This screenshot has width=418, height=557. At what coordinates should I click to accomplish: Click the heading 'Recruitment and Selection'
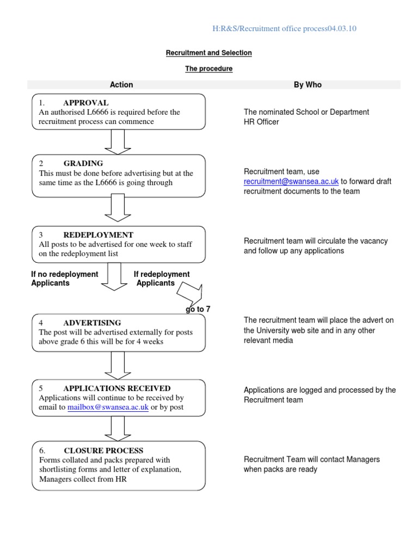[208, 53]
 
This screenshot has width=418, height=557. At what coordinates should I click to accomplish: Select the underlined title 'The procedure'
[208, 69]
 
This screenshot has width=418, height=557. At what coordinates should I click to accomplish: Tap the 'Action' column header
[121, 85]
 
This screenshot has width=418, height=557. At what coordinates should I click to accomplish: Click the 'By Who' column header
[308, 85]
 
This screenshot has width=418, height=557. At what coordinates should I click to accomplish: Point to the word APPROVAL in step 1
[85, 103]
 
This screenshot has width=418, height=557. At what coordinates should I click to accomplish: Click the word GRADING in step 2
[83, 163]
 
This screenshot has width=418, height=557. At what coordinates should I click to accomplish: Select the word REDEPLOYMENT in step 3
[98, 235]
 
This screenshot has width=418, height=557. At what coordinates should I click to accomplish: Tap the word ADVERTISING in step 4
[92, 323]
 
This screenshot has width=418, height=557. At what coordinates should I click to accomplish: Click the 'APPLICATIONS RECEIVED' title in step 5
[116, 388]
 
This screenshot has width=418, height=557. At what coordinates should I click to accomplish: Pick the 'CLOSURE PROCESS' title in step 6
[103, 450]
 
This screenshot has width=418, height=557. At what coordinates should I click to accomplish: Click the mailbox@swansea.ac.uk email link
[108, 407]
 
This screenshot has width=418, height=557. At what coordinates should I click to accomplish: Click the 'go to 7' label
[198, 309]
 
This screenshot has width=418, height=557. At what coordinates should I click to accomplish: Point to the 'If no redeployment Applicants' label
[64, 278]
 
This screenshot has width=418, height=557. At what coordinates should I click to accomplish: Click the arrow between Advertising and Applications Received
[118, 364]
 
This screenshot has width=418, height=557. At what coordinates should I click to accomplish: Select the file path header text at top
[284, 29]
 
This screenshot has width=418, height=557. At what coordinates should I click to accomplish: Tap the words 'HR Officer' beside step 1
[261, 122]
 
